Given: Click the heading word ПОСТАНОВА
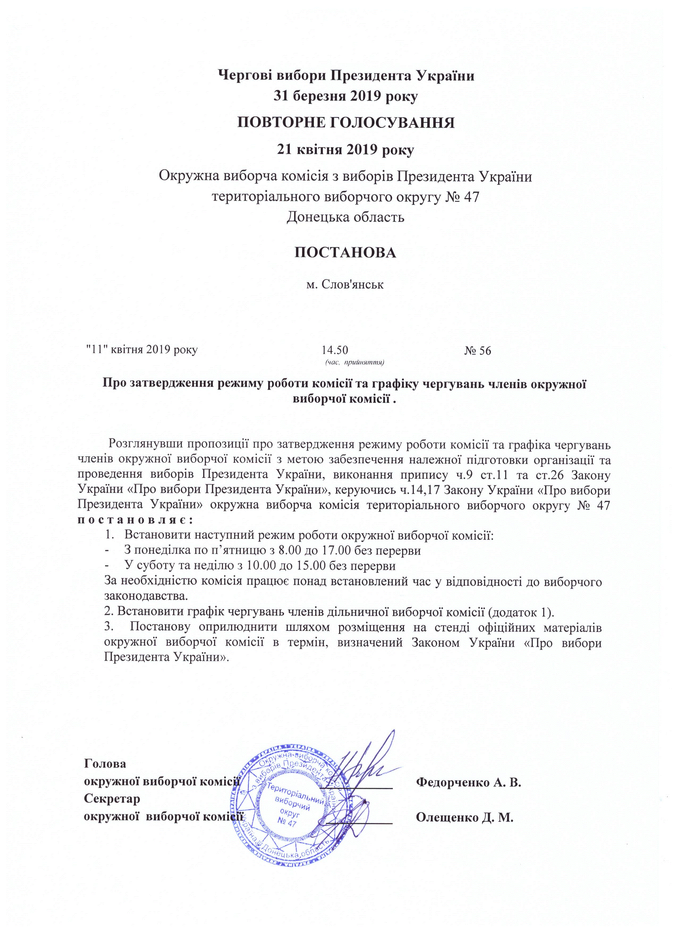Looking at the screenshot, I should click(345, 253).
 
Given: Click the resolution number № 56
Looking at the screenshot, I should click(478, 350).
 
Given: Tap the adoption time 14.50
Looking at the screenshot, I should click(335, 350).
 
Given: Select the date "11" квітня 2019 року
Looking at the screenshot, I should click(141, 350).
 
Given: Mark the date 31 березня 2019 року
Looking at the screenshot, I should click(345, 97).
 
